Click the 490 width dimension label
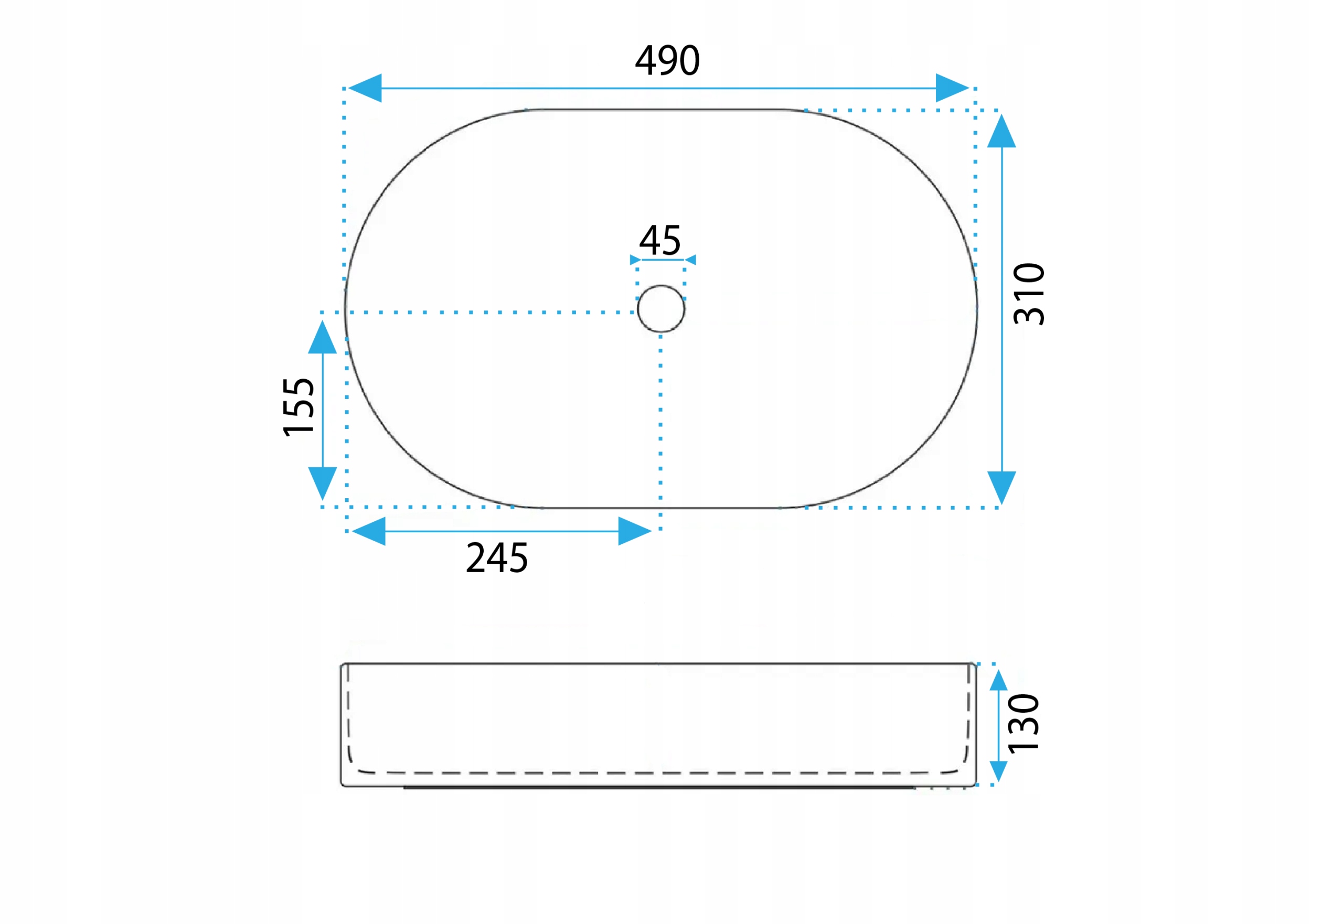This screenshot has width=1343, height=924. tap(667, 60)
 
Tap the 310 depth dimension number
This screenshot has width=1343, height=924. tap(1029, 294)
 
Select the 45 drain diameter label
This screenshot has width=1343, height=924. tap(659, 240)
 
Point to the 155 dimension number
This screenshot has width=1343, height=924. tap(299, 406)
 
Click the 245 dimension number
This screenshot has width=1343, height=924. tap(497, 558)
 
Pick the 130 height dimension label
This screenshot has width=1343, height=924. tap(1024, 723)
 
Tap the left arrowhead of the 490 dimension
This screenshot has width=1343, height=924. tap(365, 88)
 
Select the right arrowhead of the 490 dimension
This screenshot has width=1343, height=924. tap(952, 88)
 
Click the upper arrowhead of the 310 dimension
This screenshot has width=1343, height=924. tap(1001, 131)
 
